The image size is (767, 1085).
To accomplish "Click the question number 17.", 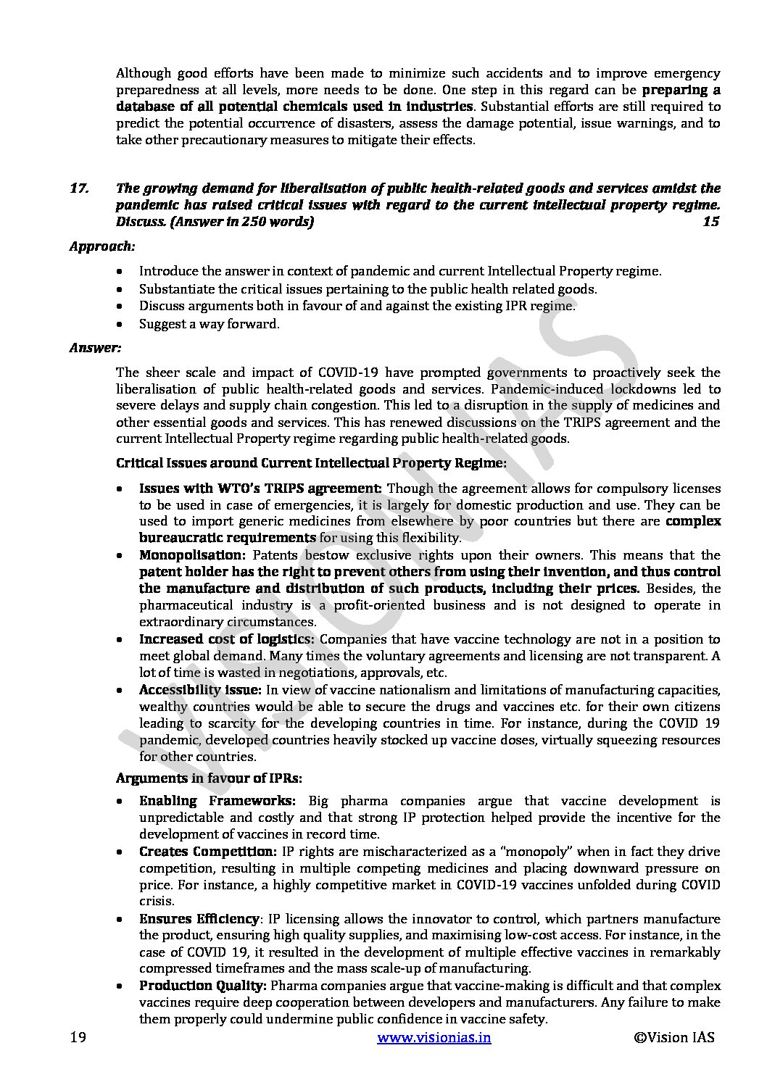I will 79,188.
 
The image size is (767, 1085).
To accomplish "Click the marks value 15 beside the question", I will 710,222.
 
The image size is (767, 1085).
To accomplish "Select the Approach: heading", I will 101,246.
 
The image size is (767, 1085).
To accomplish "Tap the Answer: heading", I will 95,348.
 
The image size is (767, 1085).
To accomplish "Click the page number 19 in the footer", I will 78,1037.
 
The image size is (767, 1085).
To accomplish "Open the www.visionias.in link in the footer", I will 434,1037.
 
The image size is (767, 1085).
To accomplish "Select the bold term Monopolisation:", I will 182,555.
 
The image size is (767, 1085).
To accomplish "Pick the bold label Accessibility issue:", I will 200,689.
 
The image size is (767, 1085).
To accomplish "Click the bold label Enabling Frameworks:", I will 217,801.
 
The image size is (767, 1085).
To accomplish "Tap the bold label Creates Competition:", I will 207,852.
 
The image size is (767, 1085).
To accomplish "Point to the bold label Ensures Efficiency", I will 199,919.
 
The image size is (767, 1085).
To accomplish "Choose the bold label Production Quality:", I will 203,986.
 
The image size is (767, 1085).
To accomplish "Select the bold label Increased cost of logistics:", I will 227,639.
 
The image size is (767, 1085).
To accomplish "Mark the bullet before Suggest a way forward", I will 119,325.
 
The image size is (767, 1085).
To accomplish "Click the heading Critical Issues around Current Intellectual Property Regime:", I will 312,462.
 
